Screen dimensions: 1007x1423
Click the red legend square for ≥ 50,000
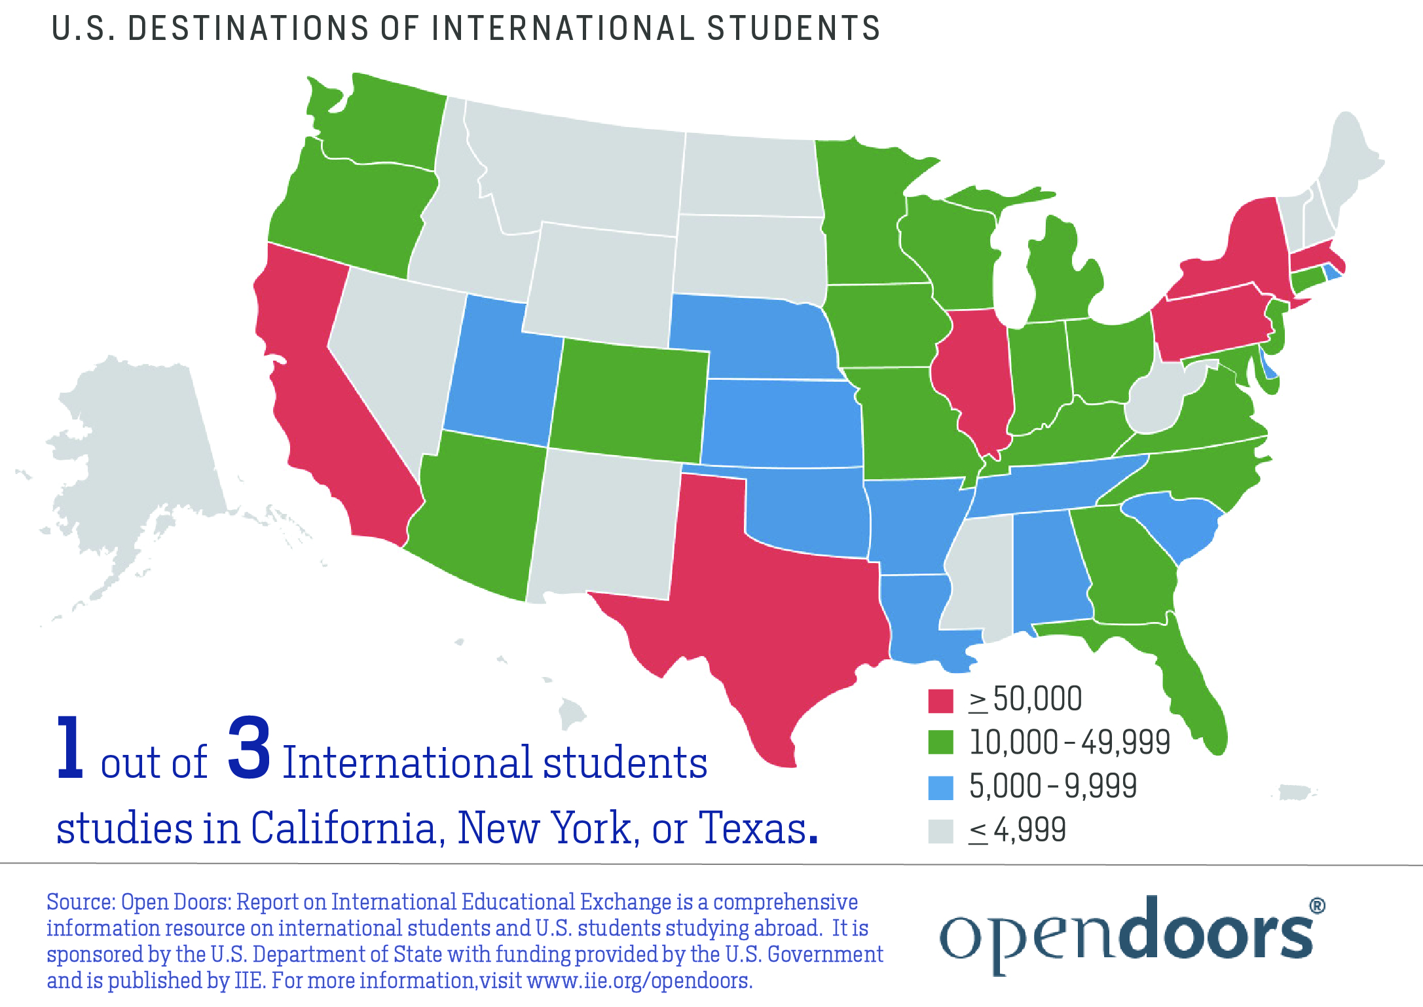point(940,700)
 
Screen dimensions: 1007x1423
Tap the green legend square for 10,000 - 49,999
point(940,742)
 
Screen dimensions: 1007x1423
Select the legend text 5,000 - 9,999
point(1052,786)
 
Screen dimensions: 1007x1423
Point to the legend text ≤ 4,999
point(1018,830)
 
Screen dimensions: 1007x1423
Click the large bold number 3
point(249,748)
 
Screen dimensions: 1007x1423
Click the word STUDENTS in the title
point(793,29)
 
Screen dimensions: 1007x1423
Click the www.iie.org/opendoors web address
point(639,981)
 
